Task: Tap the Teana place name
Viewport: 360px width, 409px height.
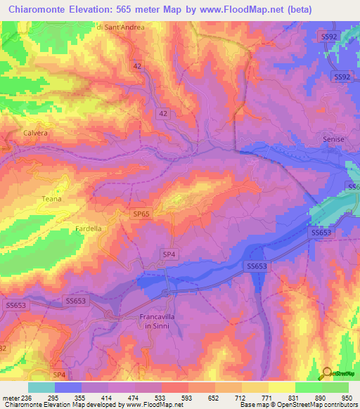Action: (x=52, y=199)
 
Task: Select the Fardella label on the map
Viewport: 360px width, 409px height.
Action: (x=89, y=229)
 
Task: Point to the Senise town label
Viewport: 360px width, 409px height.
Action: (x=333, y=140)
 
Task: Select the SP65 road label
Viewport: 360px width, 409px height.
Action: (x=142, y=214)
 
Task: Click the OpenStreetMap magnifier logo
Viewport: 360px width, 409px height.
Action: (x=327, y=373)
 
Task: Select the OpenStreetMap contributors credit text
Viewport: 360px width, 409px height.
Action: (x=319, y=405)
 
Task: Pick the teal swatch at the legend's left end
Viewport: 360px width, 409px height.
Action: (x=41, y=387)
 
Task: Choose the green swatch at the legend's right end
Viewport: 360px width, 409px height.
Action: (x=335, y=387)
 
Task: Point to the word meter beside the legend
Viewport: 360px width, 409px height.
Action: (x=12, y=397)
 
